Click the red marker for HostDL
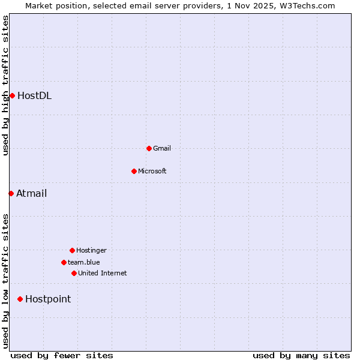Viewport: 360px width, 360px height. point(12,95)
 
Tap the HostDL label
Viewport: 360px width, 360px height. point(34,95)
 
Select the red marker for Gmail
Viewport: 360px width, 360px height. point(149,148)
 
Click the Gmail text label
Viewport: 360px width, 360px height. point(162,148)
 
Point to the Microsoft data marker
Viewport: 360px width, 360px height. point(134,171)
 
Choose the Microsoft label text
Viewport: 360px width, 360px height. point(152,171)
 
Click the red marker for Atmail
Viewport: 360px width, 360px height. point(11,193)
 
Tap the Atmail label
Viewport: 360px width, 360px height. point(31,193)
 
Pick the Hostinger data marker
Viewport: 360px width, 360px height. point(72,250)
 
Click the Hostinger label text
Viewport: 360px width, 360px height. point(91,250)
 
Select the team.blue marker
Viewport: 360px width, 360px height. point(64,262)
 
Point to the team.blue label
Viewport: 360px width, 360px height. point(84,262)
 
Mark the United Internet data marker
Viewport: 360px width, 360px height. point(74,273)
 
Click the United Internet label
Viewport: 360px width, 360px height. point(103,273)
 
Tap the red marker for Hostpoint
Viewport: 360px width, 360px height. point(20,299)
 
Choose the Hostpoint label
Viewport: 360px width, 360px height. point(48,299)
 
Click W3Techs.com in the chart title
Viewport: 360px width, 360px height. point(307,5)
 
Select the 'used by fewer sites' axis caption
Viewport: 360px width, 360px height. point(62,355)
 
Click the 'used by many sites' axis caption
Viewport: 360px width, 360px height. point(301,355)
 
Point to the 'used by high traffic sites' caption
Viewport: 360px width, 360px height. point(5,85)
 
